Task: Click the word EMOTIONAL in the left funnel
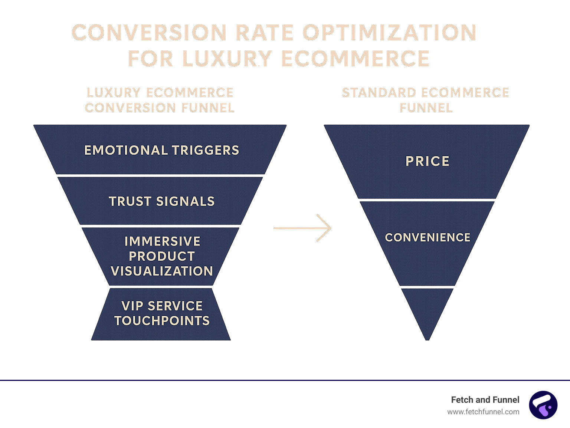126,150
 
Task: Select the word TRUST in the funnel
130,201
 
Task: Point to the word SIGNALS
185,201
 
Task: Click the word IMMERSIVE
162,241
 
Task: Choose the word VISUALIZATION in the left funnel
162,271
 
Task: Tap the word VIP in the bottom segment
132,306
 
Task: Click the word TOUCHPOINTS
162,321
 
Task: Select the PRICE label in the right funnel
427,161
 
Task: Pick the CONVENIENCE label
427,237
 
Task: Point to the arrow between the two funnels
302,228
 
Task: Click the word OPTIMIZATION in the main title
389,33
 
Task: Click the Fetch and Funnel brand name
485,400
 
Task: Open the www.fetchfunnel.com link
483,412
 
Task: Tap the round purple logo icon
543,405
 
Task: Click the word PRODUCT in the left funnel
162,256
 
